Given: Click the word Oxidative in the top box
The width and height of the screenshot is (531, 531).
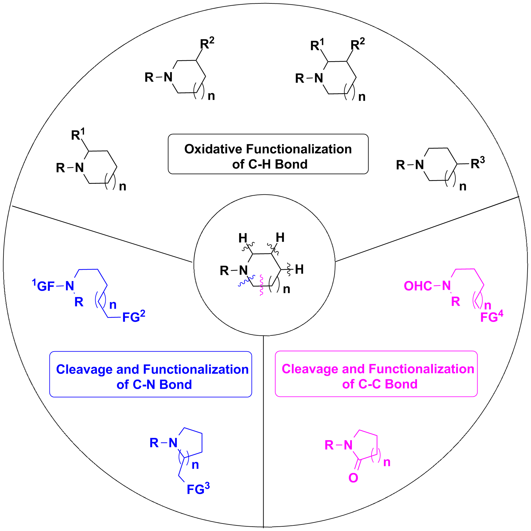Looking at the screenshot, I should (x=213, y=149).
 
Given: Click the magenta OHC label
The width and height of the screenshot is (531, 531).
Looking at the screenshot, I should (x=418, y=286).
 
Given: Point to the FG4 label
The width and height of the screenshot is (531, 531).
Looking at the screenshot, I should (x=491, y=317).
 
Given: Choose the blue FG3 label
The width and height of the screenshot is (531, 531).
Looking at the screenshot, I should (x=198, y=489).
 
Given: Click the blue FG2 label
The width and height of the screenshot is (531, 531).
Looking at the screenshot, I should (x=133, y=317).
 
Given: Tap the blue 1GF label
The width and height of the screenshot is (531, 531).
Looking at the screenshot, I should (x=44, y=286).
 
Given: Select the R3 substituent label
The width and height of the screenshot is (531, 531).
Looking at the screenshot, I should (x=477, y=163).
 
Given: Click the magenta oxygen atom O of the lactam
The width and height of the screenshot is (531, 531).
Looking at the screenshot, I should (x=353, y=478).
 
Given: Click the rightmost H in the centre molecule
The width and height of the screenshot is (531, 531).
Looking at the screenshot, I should (x=299, y=270).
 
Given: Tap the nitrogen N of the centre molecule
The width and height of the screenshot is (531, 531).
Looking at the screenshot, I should (x=243, y=270).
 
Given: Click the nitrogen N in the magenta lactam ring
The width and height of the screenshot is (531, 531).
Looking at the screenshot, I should (x=348, y=445).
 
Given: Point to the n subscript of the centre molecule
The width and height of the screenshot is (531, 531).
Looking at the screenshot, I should (x=286, y=289).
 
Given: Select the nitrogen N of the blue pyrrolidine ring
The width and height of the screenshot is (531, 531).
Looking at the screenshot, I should (x=173, y=443).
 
